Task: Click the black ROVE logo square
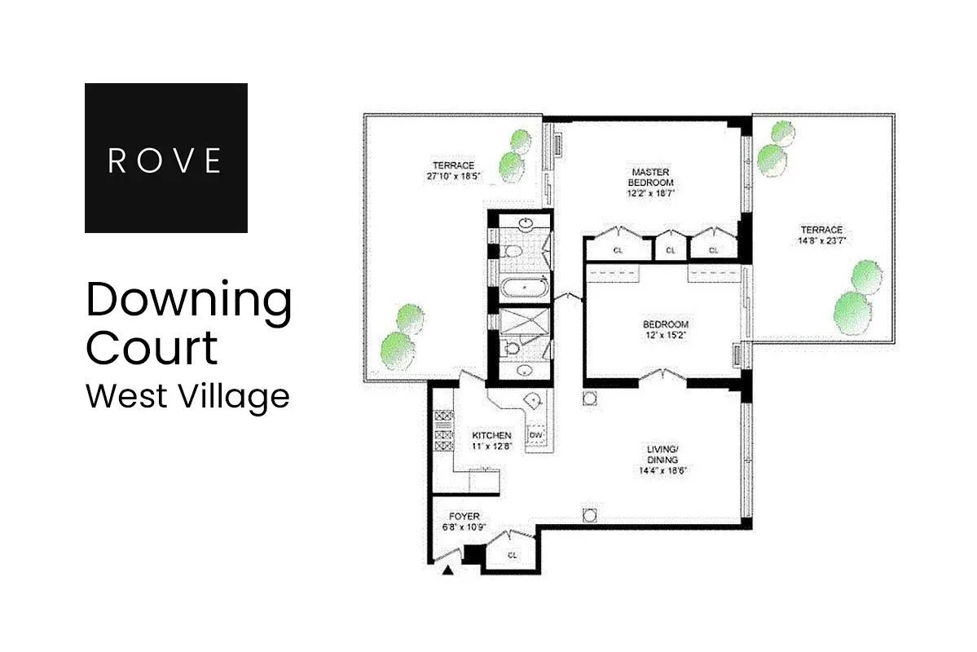pyautogui.click(x=165, y=157)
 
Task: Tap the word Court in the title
pyautogui.click(x=152, y=347)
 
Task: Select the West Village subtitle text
pyautogui.click(x=187, y=397)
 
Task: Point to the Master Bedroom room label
pyautogui.click(x=650, y=178)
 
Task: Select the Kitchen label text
pyautogui.click(x=491, y=435)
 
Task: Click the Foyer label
pyautogui.click(x=464, y=516)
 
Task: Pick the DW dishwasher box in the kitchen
pyautogui.click(x=535, y=435)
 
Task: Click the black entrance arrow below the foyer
pyautogui.click(x=447, y=571)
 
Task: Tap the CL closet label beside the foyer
pyautogui.click(x=513, y=555)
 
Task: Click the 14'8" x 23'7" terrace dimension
pyautogui.click(x=821, y=240)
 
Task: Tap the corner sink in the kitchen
pyautogui.click(x=533, y=400)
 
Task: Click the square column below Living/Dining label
pyautogui.click(x=590, y=514)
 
